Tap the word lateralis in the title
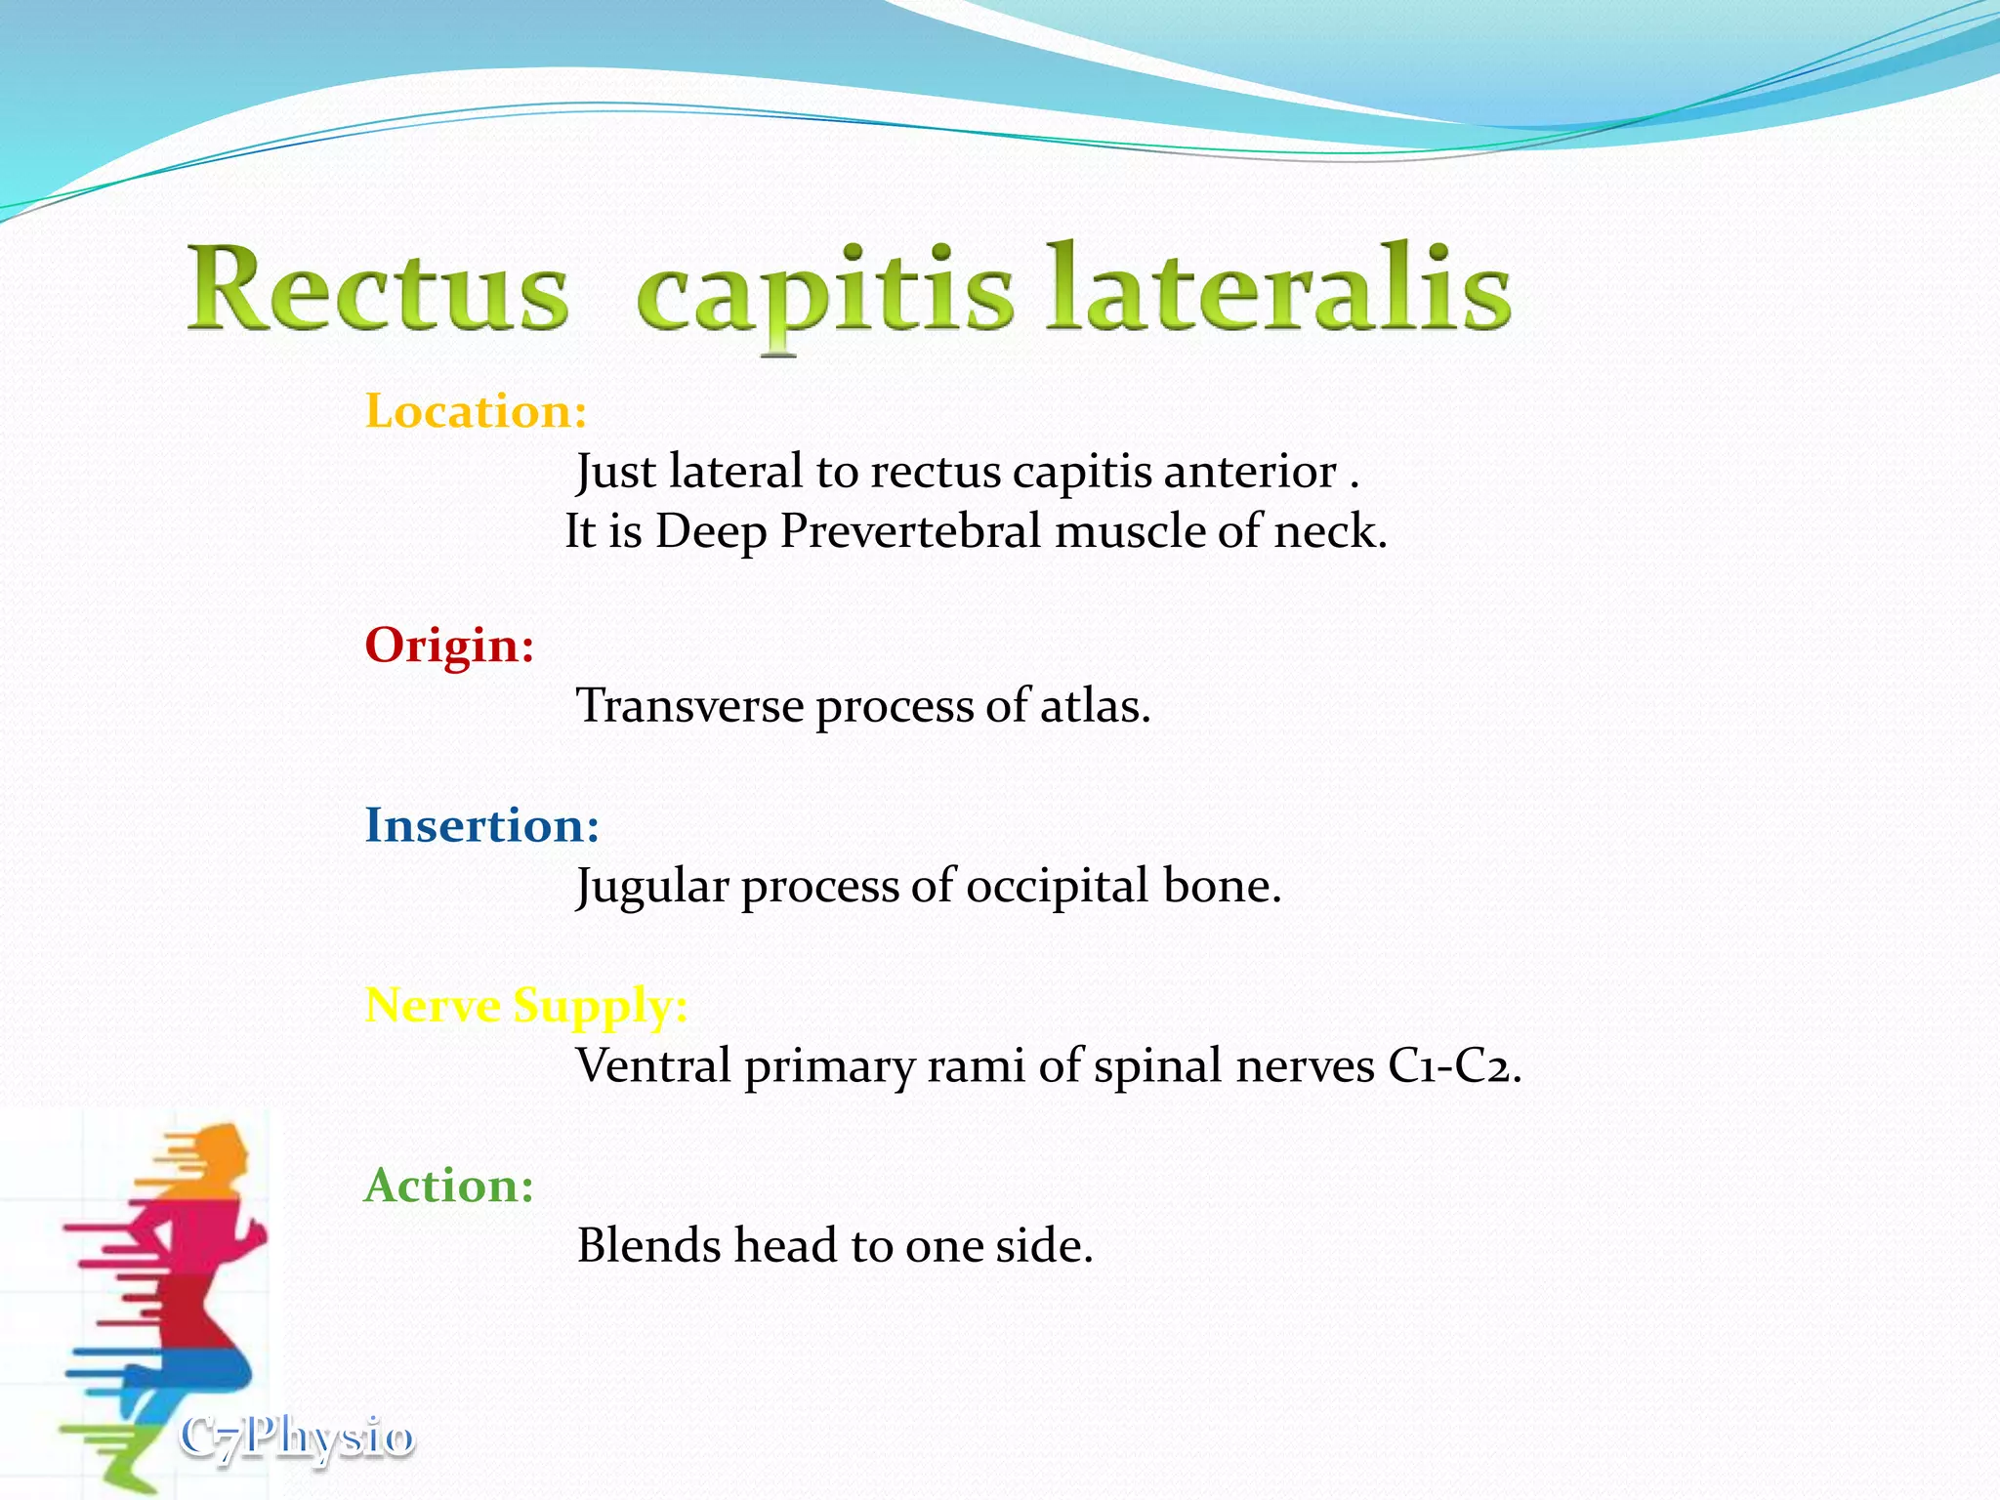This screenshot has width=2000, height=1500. [x=1279, y=288]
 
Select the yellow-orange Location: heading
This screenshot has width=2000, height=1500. [x=476, y=411]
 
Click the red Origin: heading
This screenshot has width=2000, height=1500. [x=449, y=646]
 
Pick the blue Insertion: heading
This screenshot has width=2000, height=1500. [x=481, y=825]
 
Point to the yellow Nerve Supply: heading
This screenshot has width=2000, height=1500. [x=525, y=1005]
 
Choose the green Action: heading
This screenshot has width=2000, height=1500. [x=448, y=1186]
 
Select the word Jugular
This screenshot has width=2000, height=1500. [x=652, y=887]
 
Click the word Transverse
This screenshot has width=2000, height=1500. [x=689, y=706]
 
